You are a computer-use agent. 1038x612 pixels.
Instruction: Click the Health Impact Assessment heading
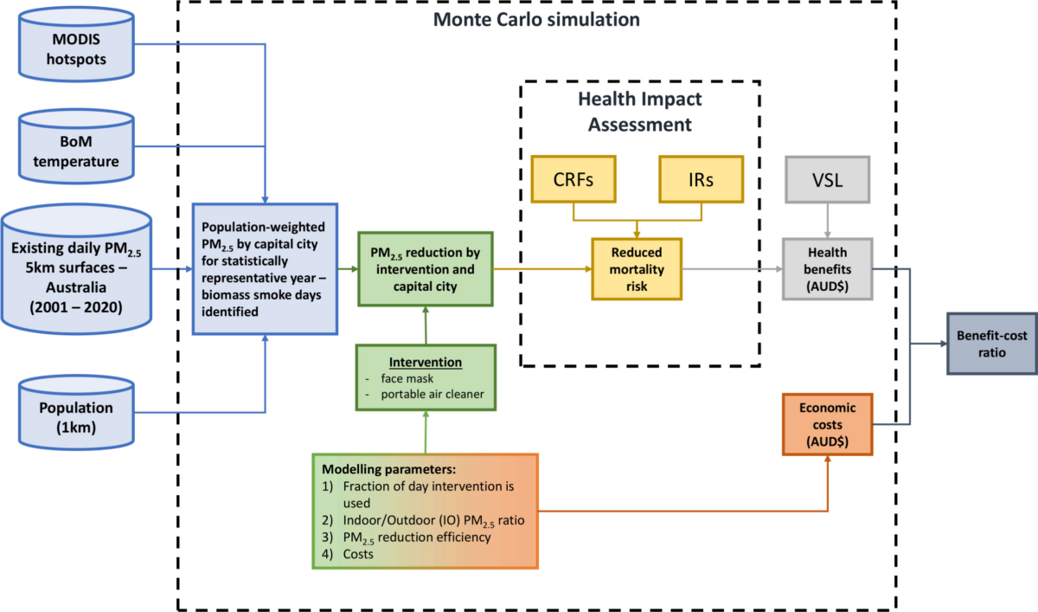(x=640, y=111)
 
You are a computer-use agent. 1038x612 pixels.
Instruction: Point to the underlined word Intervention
(x=424, y=362)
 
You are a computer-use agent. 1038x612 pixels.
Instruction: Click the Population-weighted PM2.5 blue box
(x=265, y=268)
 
